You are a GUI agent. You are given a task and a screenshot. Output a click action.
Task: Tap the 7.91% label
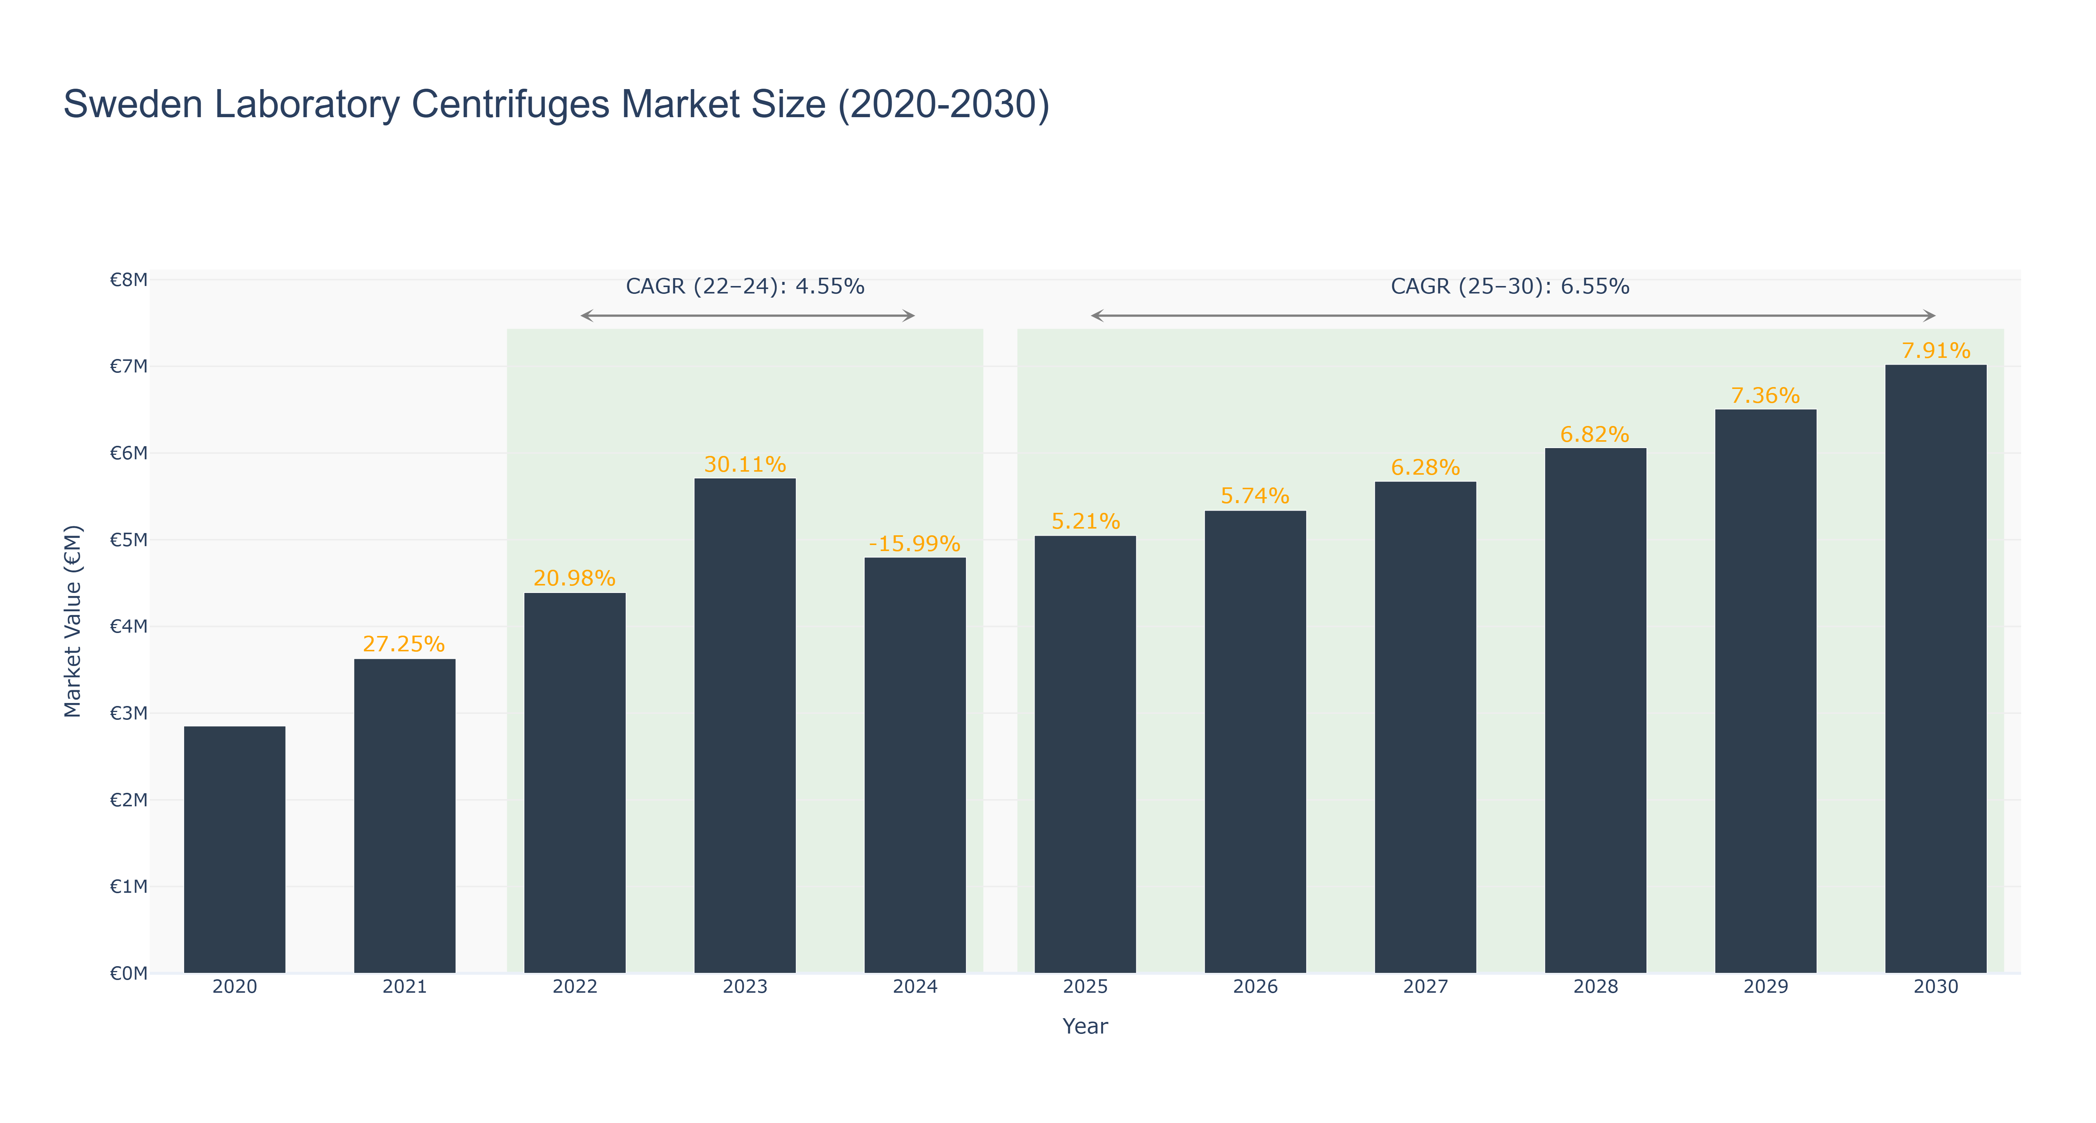point(1936,351)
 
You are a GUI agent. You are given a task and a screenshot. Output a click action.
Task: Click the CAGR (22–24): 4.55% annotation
point(744,286)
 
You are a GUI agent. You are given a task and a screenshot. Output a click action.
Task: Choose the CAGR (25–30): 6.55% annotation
point(1510,286)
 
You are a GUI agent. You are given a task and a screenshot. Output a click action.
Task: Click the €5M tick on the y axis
point(128,539)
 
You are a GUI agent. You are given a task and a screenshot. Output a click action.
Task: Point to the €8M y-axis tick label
point(128,280)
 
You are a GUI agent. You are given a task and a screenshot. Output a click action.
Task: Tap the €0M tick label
point(128,973)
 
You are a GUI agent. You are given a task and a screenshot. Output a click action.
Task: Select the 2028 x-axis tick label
point(1596,986)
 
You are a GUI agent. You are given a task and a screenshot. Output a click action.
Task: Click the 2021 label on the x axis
point(404,986)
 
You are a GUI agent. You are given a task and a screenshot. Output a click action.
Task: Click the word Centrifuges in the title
point(510,105)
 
